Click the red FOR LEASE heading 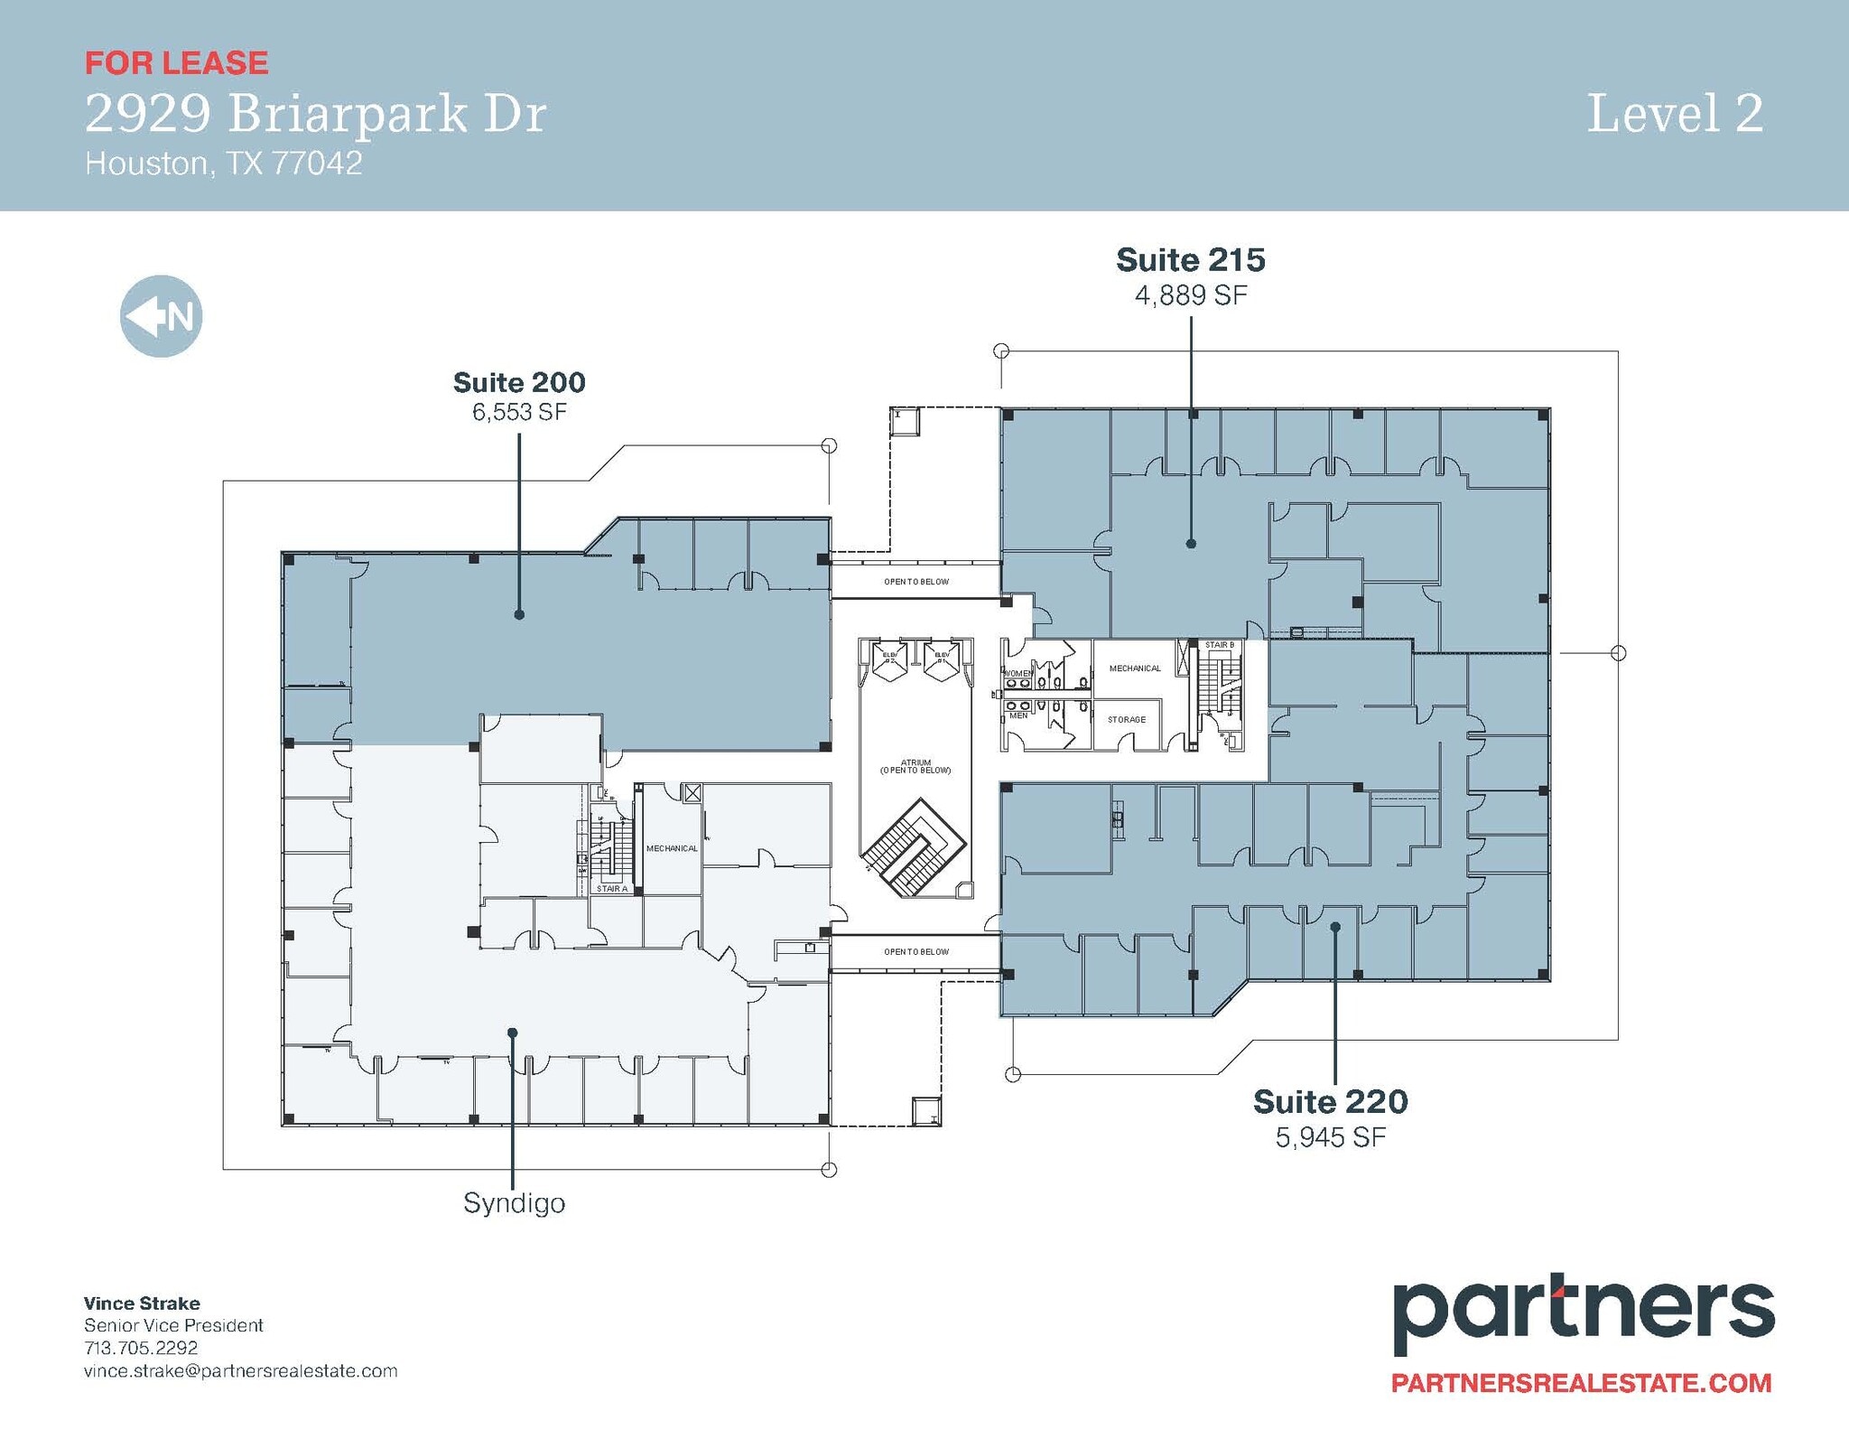click(176, 63)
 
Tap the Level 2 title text click(1675, 115)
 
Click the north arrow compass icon click(161, 316)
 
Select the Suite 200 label click(519, 383)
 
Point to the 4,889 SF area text click(1191, 295)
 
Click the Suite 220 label click(1330, 1102)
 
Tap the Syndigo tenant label click(514, 1203)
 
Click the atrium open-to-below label click(915, 767)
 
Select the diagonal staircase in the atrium click(912, 846)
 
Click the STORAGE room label click(1127, 720)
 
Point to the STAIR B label click(1219, 645)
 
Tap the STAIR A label click(611, 890)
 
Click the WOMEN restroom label click(1018, 674)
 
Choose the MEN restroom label click(1017, 715)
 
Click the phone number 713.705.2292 click(141, 1348)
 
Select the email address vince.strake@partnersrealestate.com click(240, 1371)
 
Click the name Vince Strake click(142, 1304)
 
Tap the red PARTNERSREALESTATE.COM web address click(1581, 1383)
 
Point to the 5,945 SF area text click(1330, 1137)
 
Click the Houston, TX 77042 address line click(223, 164)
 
